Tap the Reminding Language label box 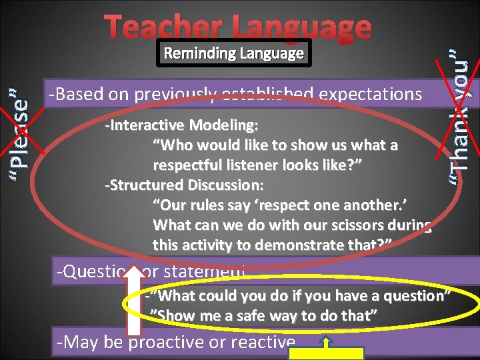[233, 53]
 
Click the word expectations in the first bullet [371, 95]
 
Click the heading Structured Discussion [184, 185]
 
